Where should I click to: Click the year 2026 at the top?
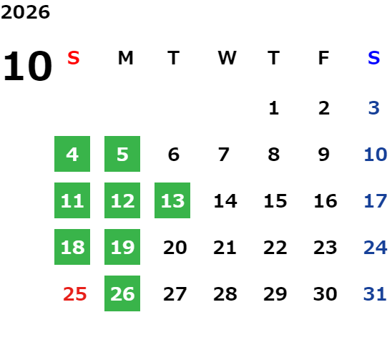(25, 12)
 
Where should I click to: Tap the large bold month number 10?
(27, 66)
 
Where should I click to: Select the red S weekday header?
(74, 58)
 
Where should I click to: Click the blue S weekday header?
(373, 58)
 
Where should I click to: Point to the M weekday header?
(125, 58)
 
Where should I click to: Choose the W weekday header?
(227, 58)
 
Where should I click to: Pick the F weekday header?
(324, 58)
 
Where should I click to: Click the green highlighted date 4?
(72, 154)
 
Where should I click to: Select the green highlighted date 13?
(172, 200)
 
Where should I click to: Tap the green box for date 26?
(122, 293)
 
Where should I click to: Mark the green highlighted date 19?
(122, 247)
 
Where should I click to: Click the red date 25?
(74, 294)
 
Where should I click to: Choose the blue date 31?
(375, 294)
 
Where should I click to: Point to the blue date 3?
(374, 108)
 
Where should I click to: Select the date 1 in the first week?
(274, 108)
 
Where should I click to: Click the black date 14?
(225, 201)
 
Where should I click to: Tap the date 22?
(275, 248)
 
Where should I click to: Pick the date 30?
(325, 294)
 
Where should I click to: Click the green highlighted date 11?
(72, 200)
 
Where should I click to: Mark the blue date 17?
(376, 201)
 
